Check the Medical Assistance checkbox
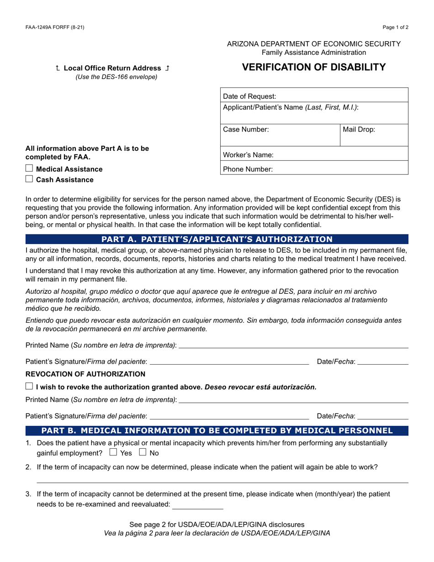coord(29,169)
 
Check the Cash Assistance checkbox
coord(29,179)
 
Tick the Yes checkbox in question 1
coord(113,453)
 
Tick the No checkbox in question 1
coord(143,453)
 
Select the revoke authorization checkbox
coord(29,387)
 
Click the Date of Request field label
coord(249,96)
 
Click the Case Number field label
coord(246,129)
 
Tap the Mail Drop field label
coord(359,129)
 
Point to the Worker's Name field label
coord(248,155)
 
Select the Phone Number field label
coord(248,169)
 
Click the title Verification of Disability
coord(313,67)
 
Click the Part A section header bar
coord(217,239)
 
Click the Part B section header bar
coord(217,430)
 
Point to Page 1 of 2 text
coord(395,27)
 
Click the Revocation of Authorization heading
coord(85,374)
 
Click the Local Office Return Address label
coord(112,68)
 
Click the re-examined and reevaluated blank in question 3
coord(198,505)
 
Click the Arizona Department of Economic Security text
coord(314,44)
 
